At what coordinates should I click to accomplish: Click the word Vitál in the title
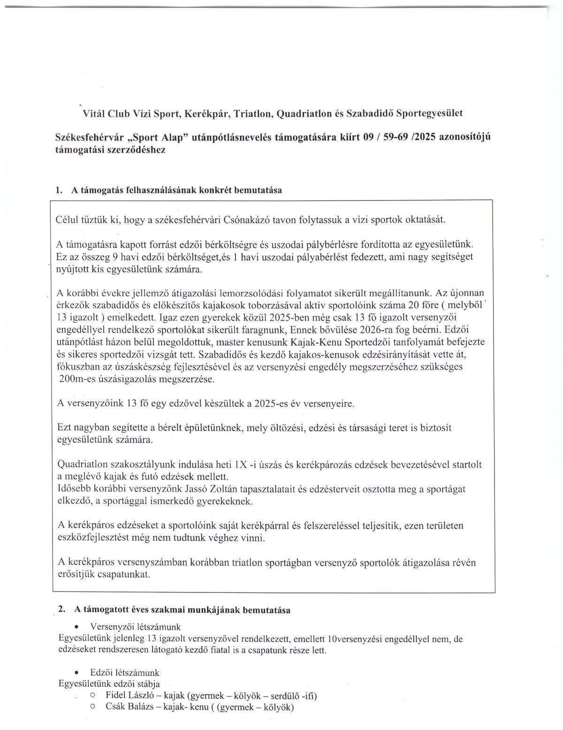pos(93,114)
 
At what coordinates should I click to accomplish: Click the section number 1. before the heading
pos(59,191)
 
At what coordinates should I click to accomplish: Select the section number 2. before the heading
pos(61,610)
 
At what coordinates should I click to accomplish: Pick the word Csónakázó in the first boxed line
pos(244,220)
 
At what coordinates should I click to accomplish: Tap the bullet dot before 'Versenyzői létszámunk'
pos(83,627)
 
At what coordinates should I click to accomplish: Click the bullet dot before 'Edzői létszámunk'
pos(83,673)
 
